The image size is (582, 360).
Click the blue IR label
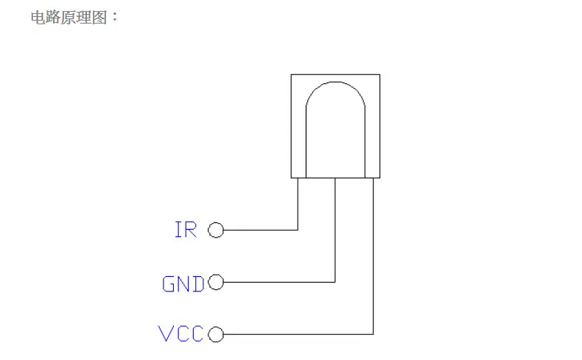coord(186,230)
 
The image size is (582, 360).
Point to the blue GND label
coord(183,284)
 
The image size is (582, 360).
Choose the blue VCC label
coord(180,333)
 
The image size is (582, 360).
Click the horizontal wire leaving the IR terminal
coord(261,230)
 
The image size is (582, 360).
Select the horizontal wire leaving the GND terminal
coord(279,282)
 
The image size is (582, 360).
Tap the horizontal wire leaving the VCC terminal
coord(298,334)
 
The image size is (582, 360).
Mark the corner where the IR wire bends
coord(298,230)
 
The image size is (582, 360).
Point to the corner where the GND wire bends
coord(335,282)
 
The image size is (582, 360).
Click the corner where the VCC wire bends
coord(373,334)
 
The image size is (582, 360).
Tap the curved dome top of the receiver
coord(335,82)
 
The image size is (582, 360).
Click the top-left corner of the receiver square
coord(292,75)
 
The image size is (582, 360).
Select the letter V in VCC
coord(165,333)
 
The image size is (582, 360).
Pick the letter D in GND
coord(199,284)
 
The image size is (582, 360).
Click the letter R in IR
coord(191,230)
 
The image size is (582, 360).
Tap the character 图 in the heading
coord(99,18)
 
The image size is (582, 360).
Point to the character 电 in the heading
coord(38,18)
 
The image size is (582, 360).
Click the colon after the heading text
coord(114,17)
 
